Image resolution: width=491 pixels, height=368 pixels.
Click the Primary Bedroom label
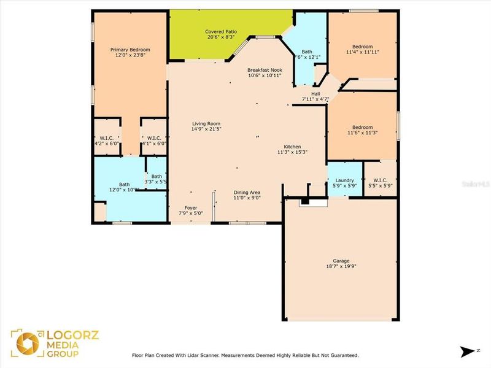pyautogui.click(x=130, y=50)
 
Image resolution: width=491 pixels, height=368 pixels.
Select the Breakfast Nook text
pyautogui.click(x=265, y=70)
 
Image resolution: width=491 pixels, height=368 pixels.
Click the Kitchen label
pyautogui.click(x=292, y=147)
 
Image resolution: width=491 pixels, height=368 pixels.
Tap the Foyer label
pyautogui.click(x=191, y=208)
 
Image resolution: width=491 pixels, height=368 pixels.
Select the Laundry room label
pyautogui.click(x=344, y=180)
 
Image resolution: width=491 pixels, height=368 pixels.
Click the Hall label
pyautogui.click(x=315, y=94)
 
